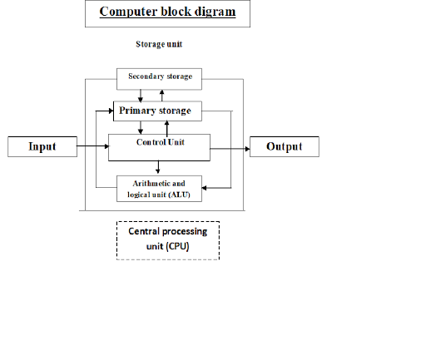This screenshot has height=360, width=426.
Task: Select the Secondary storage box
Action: (160, 77)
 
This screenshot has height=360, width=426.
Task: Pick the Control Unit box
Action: (159, 146)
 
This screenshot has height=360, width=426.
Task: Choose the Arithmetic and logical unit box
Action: (160, 188)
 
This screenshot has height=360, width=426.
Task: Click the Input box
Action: (42, 147)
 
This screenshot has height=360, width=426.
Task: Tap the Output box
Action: (284, 147)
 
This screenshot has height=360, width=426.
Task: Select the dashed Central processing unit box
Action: (167, 240)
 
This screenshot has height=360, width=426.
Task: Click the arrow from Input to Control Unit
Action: (92, 148)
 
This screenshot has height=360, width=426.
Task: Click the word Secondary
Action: (145, 76)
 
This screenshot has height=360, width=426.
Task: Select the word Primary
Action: (137, 111)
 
